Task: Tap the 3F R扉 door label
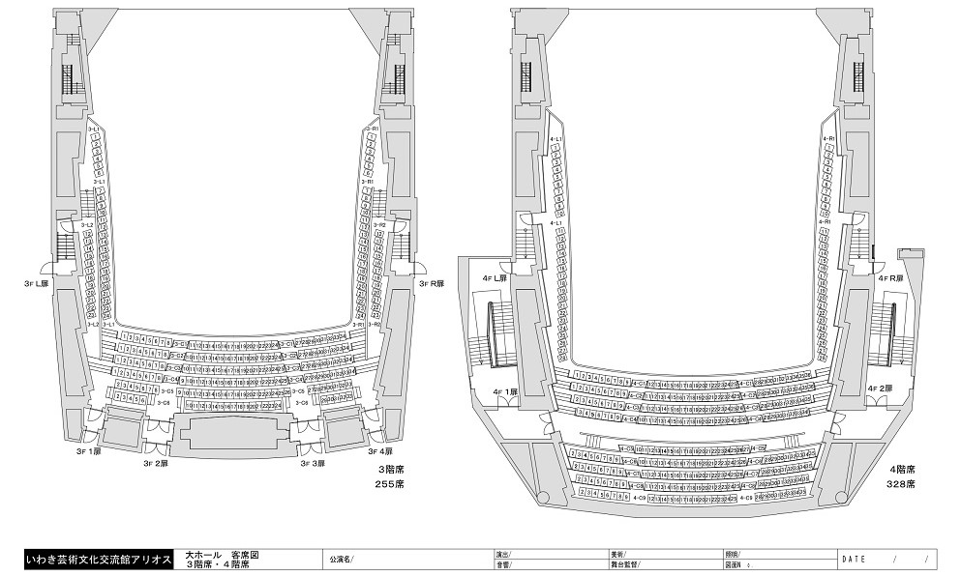pyautogui.click(x=431, y=284)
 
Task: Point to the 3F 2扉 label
pyautogui.click(x=156, y=464)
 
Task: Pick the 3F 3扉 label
pyautogui.click(x=312, y=464)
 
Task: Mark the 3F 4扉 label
pyautogui.click(x=379, y=451)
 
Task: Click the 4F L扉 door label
pyautogui.click(x=496, y=278)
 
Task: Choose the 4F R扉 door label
pyautogui.click(x=890, y=278)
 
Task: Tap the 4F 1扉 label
pyautogui.click(x=507, y=392)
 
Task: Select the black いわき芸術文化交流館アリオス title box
pyautogui.click(x=98, y=559)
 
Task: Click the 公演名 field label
pyautogui.click(x=342, y=559)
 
